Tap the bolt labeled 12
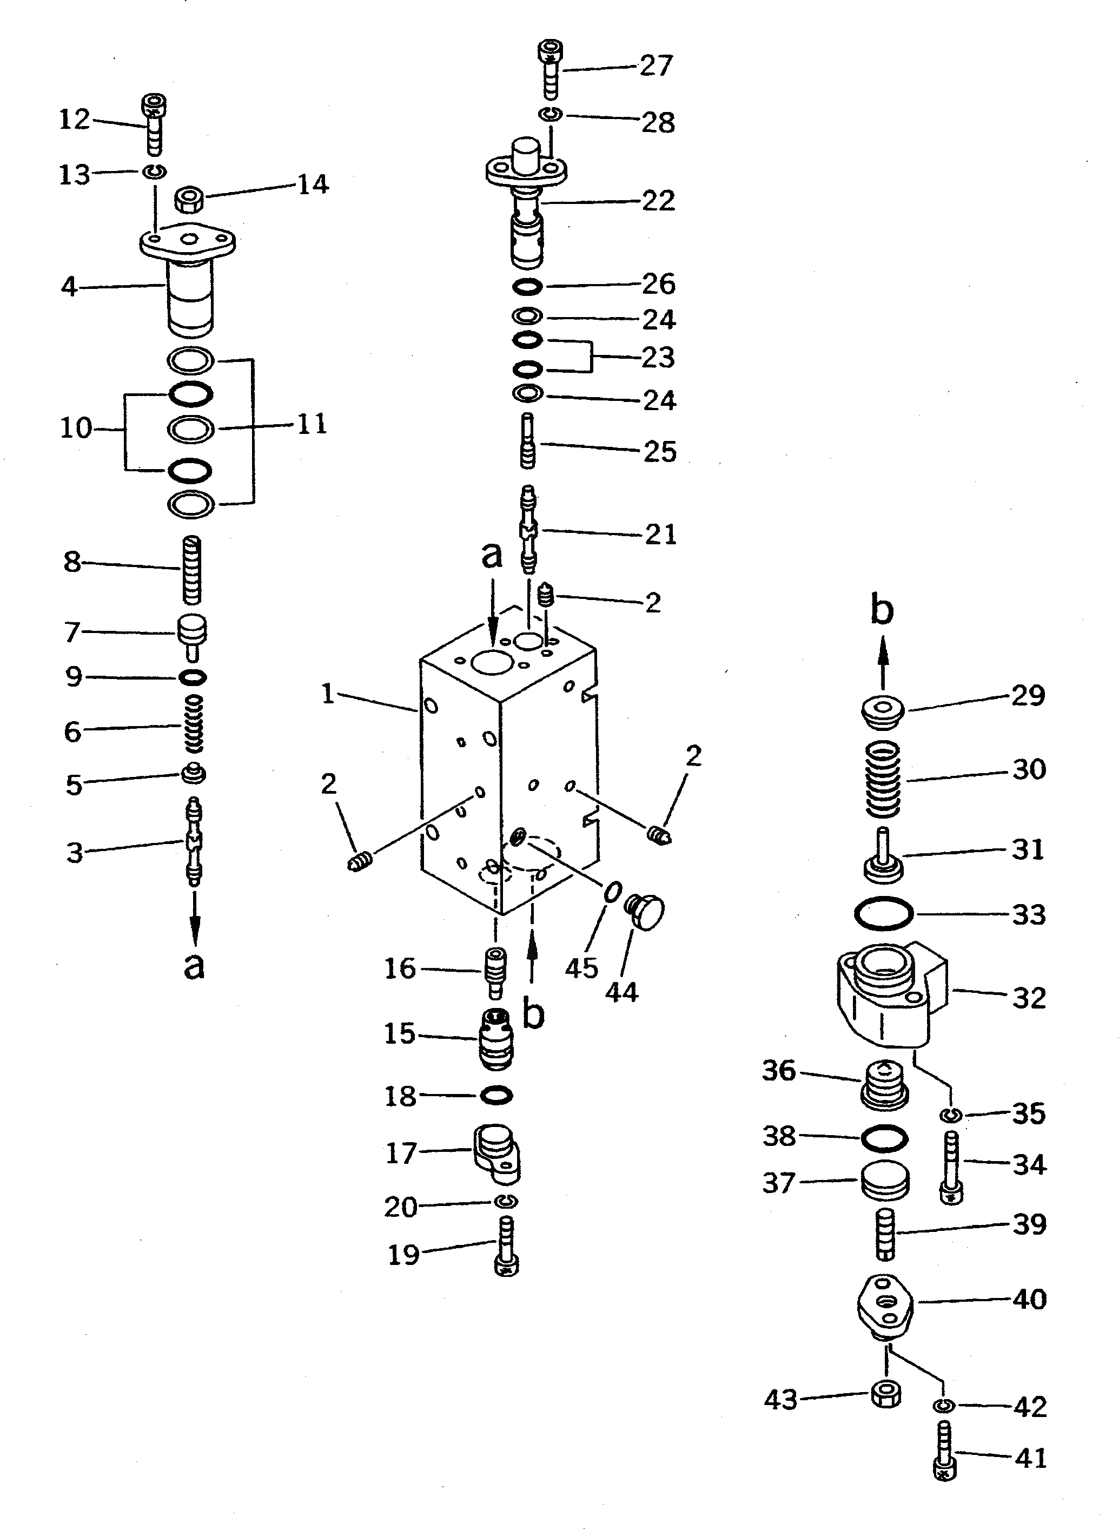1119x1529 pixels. (x=155, y=126)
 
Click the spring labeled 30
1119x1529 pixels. (x=884, y=779)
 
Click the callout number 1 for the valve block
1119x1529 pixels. (x=328, y=694)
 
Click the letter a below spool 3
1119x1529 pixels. (x=194, y=966)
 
